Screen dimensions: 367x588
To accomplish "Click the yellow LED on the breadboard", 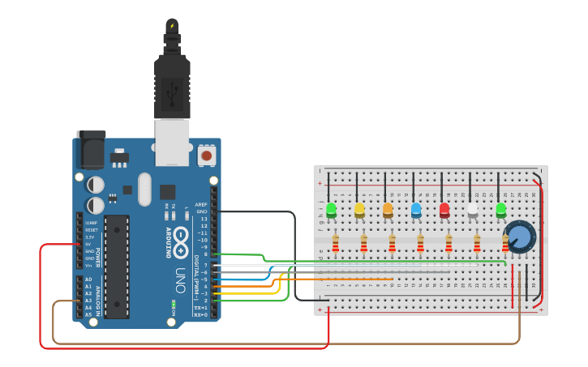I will (x=359, y=210).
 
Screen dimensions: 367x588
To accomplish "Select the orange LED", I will (x=388, y=210).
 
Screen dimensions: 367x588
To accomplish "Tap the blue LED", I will (x=416, y=210).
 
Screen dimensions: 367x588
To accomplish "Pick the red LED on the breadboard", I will (x=444, y=210).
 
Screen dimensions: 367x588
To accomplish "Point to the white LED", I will (x=473, y=210).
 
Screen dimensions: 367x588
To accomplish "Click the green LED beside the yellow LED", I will (x=331, y=210).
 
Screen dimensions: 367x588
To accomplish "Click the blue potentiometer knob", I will (x=520, y=237).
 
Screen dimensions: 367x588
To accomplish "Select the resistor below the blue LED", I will (x=420, y=242).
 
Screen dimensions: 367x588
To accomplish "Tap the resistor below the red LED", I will (x=449, y=242).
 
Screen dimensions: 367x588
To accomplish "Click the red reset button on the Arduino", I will (x=207, y=154).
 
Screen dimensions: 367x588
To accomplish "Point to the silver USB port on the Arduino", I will (x=172, y=142).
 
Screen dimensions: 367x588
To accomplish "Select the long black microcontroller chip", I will (x=116, y=266).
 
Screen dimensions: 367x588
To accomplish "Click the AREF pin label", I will (x=202, y=204).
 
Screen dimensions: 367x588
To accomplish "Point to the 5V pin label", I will (x=89, y=244).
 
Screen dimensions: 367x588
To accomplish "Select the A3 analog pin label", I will (x=88, y=301).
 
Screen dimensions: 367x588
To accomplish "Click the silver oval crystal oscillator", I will (x=144, y=189).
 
